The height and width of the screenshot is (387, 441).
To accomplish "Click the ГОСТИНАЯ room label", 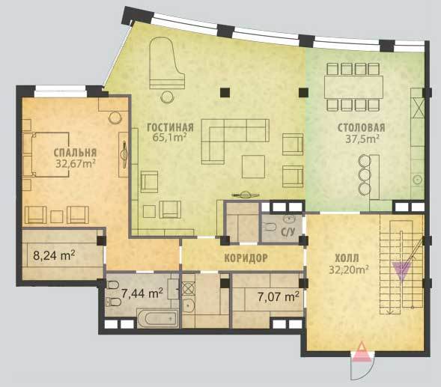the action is pyautogui.click(x=171, y=127).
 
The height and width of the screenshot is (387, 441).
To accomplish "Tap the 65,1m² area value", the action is pyautogui.click(x=170, y=137).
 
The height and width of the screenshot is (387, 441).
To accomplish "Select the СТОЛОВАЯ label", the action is pyautogui.click(x=362, y=128).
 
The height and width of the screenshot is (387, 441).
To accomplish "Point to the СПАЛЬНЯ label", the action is pyautogui.click(x=75, y=153).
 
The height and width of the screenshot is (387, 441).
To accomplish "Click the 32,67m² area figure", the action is pyautogui.click(x=75, y=163).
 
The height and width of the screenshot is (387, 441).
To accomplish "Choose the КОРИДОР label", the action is pyautogui.click(x=246, y=258).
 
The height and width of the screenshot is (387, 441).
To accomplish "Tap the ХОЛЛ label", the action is pyautogui.click(x=347, y=258).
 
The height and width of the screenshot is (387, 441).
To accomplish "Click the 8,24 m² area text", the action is pyautogui.click(x=54, y=256).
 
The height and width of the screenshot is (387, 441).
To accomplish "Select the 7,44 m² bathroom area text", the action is pyautogui.click(x=142, y=293).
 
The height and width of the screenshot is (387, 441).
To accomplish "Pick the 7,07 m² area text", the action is pyautogui.click(x=279, y=296).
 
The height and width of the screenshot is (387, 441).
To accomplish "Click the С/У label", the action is pyautogui.click(x=288, y=232).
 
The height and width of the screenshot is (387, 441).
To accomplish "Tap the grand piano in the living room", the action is pyautogui.click(x=167, y=64).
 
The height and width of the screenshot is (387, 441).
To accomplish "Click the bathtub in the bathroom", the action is pyautogui.click(x=157, y=319).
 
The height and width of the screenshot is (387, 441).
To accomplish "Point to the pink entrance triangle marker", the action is pyautogui.click(x=362, y=352).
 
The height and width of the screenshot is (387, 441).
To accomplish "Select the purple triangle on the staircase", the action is pyautogui.click(x=402, y=271).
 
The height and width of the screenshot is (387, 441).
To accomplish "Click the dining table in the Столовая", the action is pyautogui.click(x=354, y=87).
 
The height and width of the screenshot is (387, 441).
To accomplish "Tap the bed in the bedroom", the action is pyautogui.click(x=50, y=154).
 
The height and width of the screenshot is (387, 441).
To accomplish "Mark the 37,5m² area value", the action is pyautogui.click(x=362, y=138).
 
